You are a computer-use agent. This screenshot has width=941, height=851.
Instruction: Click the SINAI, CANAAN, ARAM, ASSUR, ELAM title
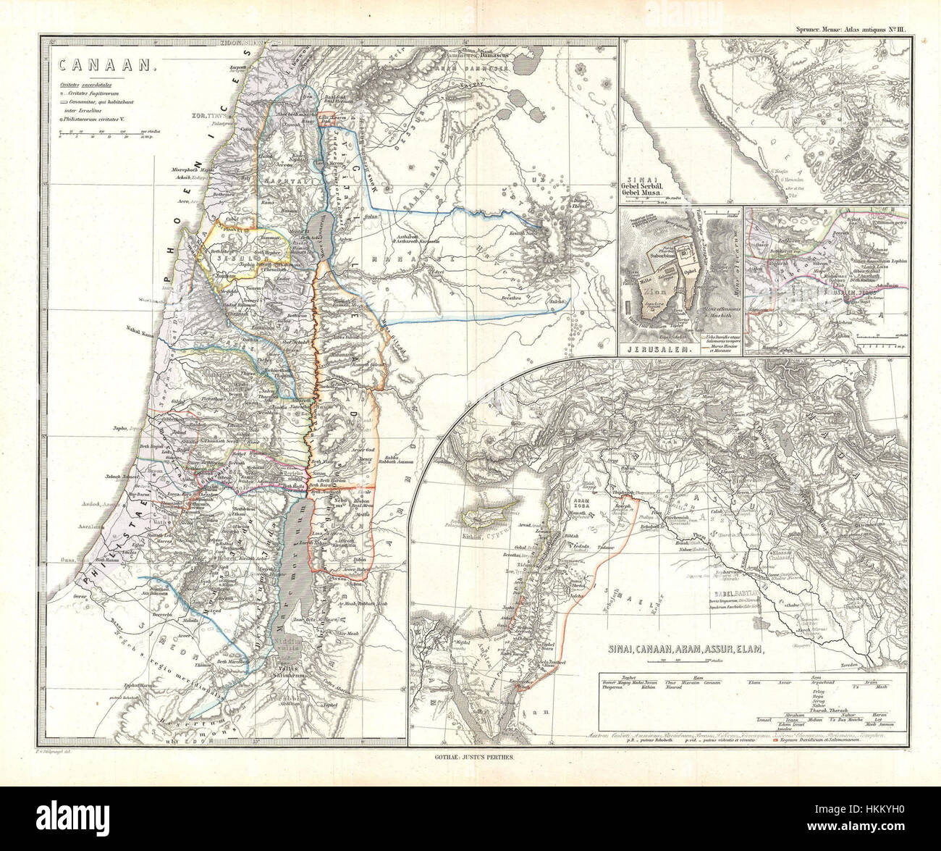(x=680, y=650)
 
